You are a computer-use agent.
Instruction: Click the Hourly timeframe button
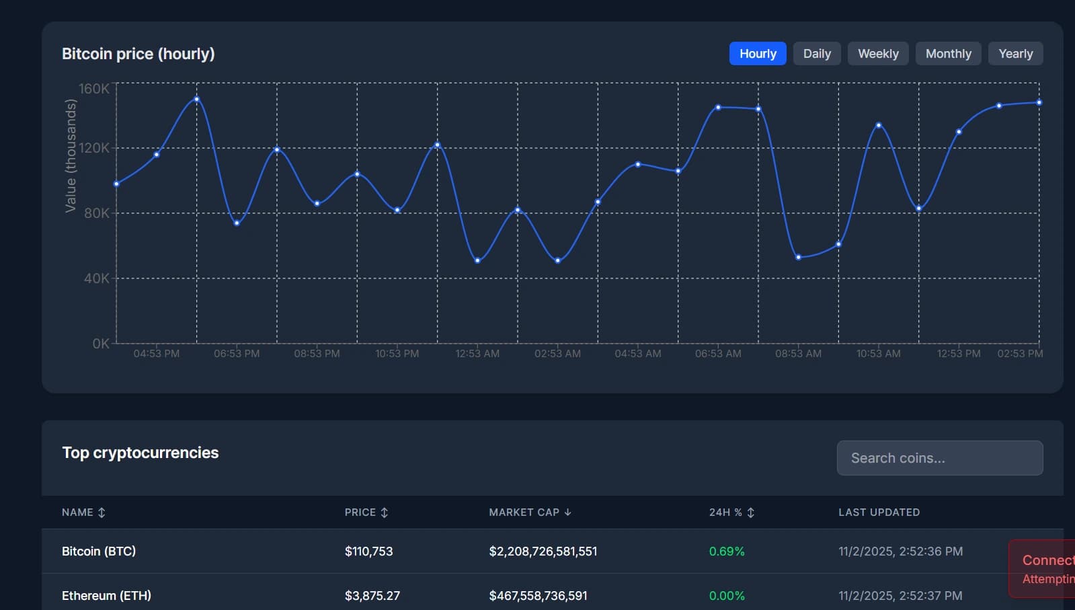(758, 54)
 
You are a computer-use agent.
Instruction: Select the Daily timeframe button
(817, 54)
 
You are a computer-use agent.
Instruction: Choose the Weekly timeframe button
(878, 54)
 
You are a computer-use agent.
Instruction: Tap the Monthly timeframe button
(948, 54)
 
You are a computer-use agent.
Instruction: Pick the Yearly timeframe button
(1015, 54)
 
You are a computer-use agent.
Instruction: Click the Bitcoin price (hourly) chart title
(138, 54)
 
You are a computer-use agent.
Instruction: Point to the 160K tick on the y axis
(94, 89)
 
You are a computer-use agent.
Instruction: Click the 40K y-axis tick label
(96, 278)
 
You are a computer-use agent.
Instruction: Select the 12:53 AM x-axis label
(477, 354)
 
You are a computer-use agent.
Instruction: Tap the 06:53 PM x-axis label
(237, 354)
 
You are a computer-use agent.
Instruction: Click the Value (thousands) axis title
(71, 155)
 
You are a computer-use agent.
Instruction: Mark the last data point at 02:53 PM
(1039, 103)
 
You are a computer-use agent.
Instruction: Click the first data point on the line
(117, 184)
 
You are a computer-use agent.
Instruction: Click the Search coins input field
(939, 458)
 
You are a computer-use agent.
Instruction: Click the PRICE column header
(360, 512)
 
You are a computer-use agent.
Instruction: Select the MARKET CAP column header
(524, 512)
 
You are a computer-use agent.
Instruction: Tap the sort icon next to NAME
(102, 512)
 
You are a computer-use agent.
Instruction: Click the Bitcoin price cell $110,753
(368, 551)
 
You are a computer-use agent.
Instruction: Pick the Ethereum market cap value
(538, 596)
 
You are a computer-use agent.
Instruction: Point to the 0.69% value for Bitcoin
(727, 551)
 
